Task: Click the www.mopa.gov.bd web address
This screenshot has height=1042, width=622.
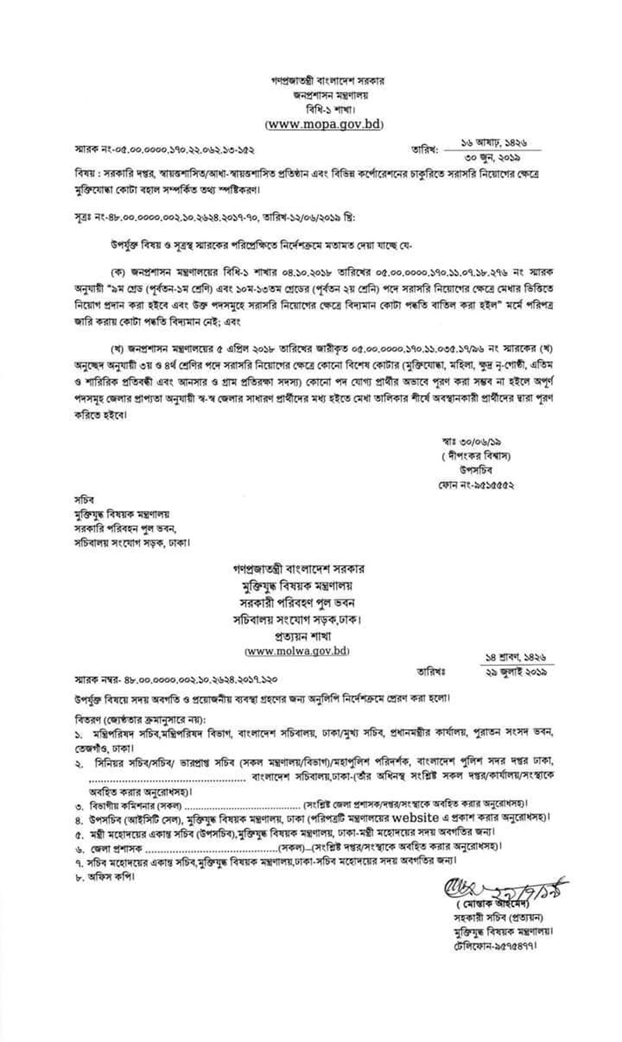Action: [324, 125]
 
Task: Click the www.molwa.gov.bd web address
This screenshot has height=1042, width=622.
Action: [297, 651]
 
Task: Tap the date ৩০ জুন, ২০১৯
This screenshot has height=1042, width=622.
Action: [492, 158]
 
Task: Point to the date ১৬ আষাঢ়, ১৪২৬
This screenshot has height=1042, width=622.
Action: [494, 143]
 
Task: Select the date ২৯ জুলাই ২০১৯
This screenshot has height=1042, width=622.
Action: [517, 672]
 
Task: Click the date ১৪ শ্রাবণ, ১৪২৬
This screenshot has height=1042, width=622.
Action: [516, 657]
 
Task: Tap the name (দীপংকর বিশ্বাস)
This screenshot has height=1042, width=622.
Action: [476, 456]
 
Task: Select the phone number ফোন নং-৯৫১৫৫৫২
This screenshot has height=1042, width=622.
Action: [476, 485]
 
